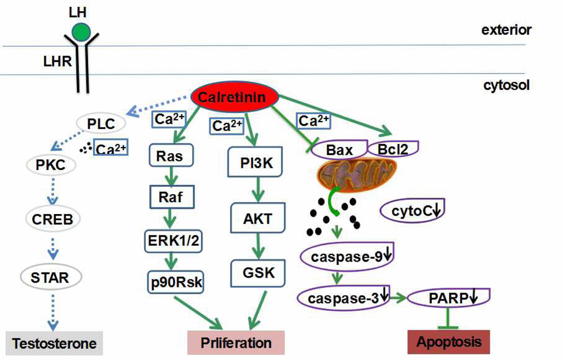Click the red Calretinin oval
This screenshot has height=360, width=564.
[235, 98]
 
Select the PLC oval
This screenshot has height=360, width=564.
[101, 124]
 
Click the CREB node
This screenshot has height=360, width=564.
[53, 219]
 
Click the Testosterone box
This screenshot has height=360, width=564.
[54, 343]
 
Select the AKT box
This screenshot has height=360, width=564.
[258, 218]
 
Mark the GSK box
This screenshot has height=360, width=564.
[258, 273]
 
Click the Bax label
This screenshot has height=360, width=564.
[339, 149]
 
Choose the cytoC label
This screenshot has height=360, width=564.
[412, 210]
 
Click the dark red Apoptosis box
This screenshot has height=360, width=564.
[448, 342]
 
